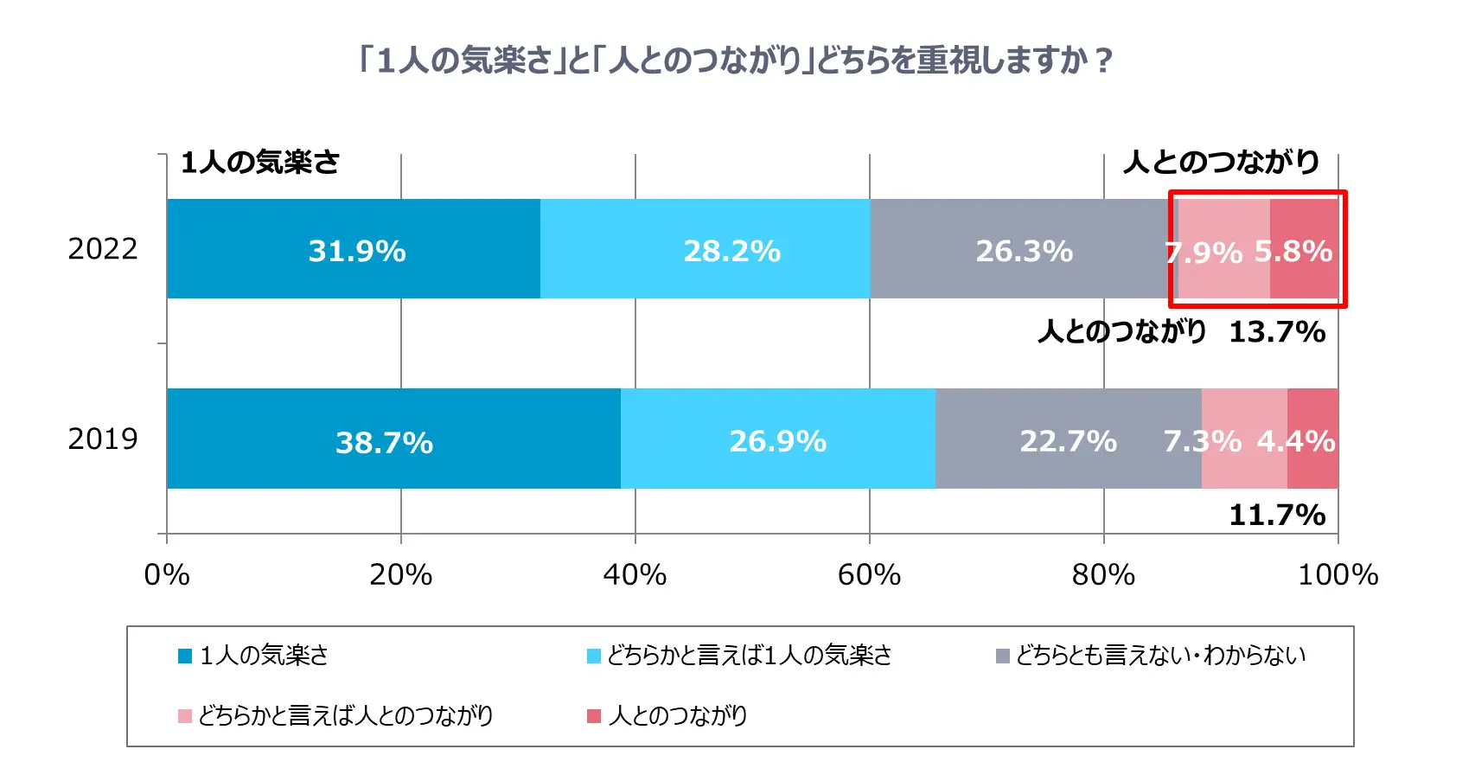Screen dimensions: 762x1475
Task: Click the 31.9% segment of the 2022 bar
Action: coord(354,249)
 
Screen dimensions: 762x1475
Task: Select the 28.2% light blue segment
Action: coord(705,249)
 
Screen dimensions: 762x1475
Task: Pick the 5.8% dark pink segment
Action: coord(1304,249)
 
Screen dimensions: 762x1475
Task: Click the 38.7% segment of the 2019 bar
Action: coord(393,439)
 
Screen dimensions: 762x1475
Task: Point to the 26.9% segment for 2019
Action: coord(777,439)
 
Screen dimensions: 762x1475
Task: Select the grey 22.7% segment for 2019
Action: coord(1068,439)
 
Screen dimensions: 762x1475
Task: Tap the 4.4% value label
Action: coord(1295,441)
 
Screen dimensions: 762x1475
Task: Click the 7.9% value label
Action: coord(1204,253)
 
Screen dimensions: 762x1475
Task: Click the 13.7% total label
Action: coord(1276,331)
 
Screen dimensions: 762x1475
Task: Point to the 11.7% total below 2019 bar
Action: coord(1276,515)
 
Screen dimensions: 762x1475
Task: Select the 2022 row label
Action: coord(103,249)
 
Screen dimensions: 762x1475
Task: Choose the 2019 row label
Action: coord(103,439)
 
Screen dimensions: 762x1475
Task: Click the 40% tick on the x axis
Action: coord(635,574)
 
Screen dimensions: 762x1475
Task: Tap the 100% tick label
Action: coord(1337,574)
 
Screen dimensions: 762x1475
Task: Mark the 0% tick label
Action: coord(167,574)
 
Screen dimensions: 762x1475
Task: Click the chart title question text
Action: coord(736,61)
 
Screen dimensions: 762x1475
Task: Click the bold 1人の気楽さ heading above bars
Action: coord(259,162)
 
